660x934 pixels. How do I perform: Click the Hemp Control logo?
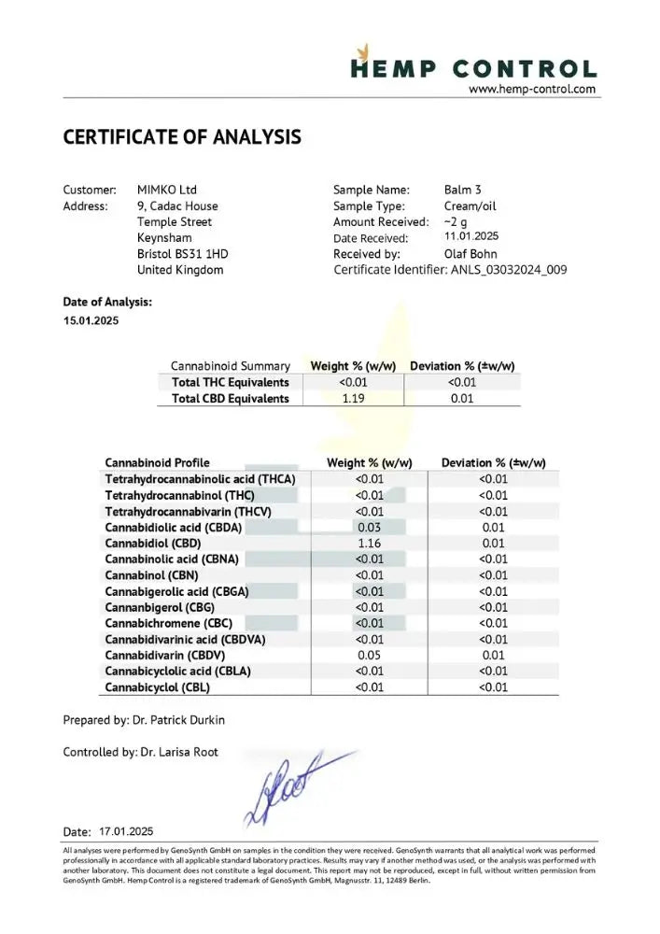(473, 66)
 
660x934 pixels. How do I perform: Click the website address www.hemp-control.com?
(531, 90)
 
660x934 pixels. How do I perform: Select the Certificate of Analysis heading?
(182, 137)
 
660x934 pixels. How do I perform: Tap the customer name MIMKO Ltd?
(167, 190)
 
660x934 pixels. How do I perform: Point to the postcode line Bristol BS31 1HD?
(182, 254)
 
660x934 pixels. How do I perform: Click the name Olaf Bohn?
(470, 254)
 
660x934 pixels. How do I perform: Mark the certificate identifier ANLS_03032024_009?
(509, 270)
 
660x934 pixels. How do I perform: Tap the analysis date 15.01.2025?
(91, 321)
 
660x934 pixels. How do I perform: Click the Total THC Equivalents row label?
(231, 382)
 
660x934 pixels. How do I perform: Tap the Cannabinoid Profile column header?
(157, 462)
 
